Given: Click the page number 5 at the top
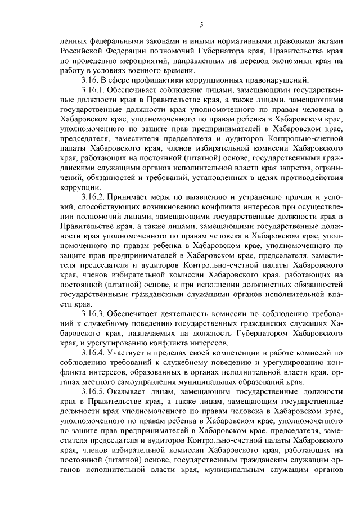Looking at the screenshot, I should [x=201, y=24].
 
